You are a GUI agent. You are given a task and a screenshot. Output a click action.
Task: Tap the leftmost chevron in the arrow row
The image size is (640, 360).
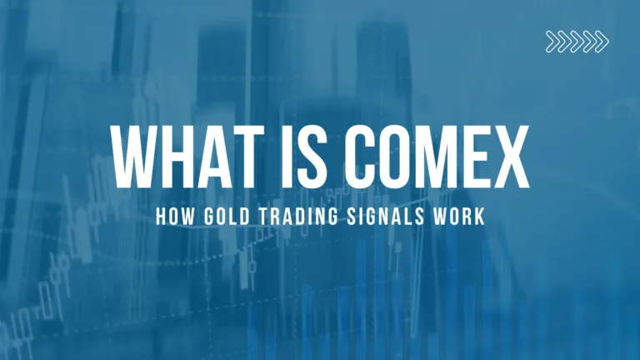[x=552, y=41]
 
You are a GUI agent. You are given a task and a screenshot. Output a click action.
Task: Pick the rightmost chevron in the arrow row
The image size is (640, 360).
[x=602, y=41]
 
